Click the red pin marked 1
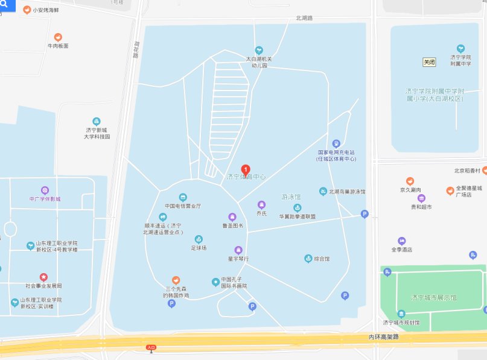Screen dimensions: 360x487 coord(246,169)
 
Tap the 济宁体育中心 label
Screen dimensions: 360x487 coord(246,177)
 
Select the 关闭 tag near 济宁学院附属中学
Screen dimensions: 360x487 coord(429,62)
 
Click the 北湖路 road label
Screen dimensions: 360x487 coord(304,18)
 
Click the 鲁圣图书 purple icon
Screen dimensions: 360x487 coord(232,217)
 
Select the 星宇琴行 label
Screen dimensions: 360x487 coord(238,259)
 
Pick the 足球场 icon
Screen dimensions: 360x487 coord(199,239)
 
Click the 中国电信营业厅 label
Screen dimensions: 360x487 coord(183,206)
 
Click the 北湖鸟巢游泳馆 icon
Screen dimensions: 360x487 coord(323,191)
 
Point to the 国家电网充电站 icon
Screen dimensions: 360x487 coord(336,144)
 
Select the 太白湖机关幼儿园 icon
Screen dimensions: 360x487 coord(259,50)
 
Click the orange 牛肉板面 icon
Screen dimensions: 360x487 coord(58,37)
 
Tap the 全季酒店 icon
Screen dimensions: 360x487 coord(401,241)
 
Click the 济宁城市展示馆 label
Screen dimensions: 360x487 coord(433,298)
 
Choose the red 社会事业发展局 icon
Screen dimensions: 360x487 coord(43,277)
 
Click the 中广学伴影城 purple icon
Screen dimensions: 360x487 coord(45,191)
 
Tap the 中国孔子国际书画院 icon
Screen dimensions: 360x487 coord(215,282)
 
